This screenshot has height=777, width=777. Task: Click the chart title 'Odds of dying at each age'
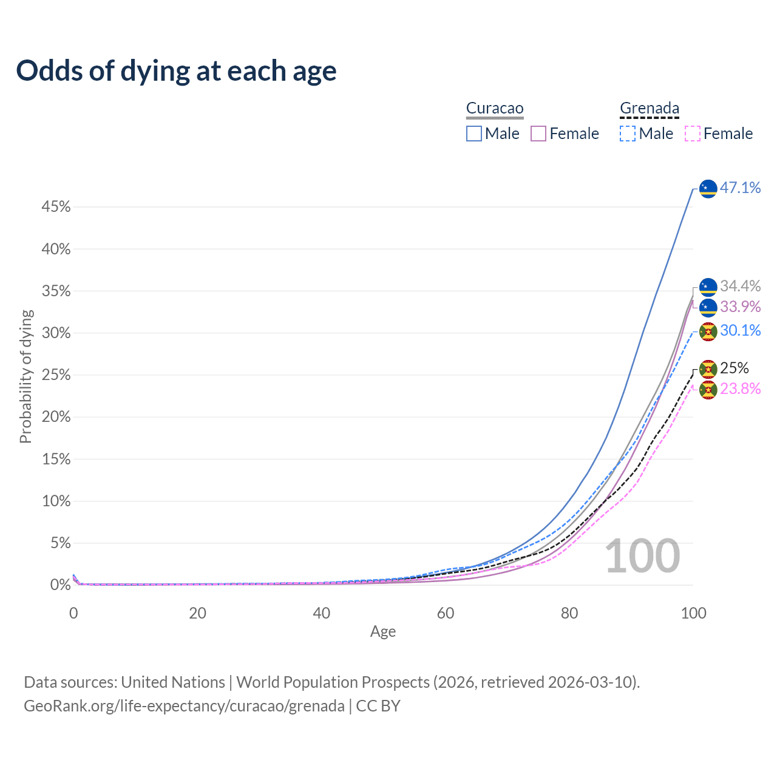(x=176, y=71)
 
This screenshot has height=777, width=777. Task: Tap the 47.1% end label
(x=740, y=188)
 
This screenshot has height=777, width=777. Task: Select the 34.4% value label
(x=740, y=287)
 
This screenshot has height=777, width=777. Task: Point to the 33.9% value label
(x=740, y=307)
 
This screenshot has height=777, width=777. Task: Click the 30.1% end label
(x=740, y=331)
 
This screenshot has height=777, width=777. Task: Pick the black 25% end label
(x=734, y=368)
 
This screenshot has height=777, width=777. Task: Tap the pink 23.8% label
(x=740, y=388)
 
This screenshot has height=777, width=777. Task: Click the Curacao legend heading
(x=495, y=109)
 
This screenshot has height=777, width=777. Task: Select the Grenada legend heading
(x=649, y=109)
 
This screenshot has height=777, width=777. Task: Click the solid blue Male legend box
(x=474, y=134)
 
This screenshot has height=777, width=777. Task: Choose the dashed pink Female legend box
(x=692, y=134)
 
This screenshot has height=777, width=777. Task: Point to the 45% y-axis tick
(x=56, y=208)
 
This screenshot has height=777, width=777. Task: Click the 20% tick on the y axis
(x=56, y=417)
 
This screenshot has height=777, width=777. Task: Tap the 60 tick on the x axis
(x=446, y=613)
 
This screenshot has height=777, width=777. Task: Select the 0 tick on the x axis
(x=73, y=613)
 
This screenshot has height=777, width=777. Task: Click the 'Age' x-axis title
(x=383, y=632)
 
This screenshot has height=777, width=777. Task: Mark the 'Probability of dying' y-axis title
(x=25, y=376)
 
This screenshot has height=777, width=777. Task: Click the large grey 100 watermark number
(x=642, y=556)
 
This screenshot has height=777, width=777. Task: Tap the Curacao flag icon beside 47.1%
(x=708, y=189)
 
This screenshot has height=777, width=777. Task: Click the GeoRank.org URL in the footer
(x=184, y=706)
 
